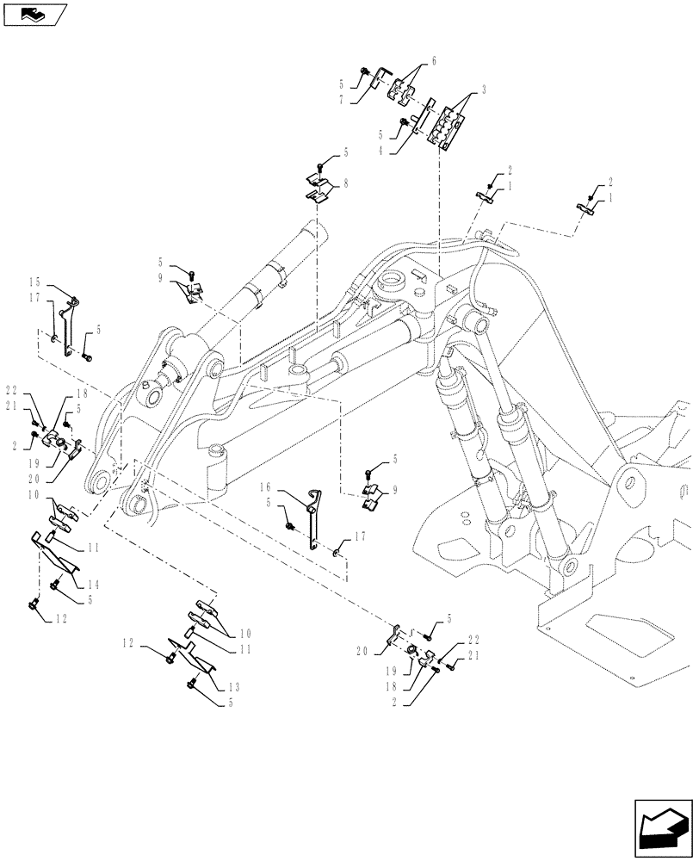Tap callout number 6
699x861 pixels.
435,61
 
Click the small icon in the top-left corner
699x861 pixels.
34,14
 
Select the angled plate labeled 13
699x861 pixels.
201,655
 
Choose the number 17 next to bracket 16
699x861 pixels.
361,536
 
